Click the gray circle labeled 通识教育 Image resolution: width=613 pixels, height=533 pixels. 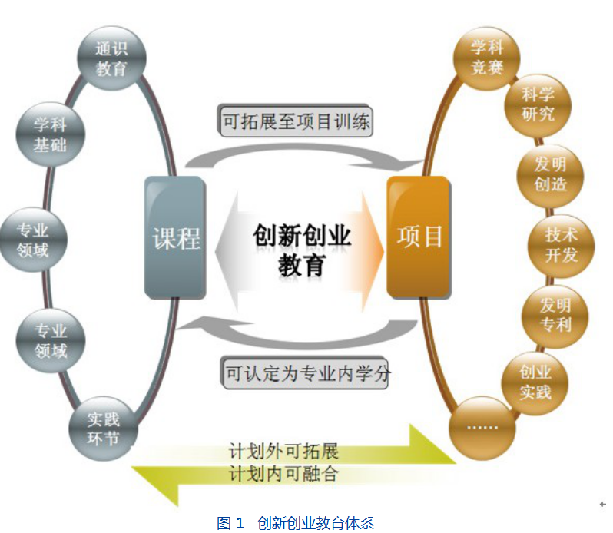tap(111, 58)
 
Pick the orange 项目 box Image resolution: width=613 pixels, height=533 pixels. tap(419, 237)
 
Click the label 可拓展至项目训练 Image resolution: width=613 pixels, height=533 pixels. tap(296, 121)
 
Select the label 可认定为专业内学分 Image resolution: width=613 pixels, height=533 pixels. tap(307, 374)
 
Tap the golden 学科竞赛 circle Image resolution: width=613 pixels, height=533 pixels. tap(486, 58)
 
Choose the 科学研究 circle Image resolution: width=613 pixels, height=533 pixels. tap(538, 104)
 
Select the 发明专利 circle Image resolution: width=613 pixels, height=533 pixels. tap(555, 314)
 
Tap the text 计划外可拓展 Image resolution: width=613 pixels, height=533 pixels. tap(283, 450)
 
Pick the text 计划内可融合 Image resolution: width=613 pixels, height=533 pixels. tap(283, 473)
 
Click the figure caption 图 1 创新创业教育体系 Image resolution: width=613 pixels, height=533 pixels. tap(295, 523)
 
